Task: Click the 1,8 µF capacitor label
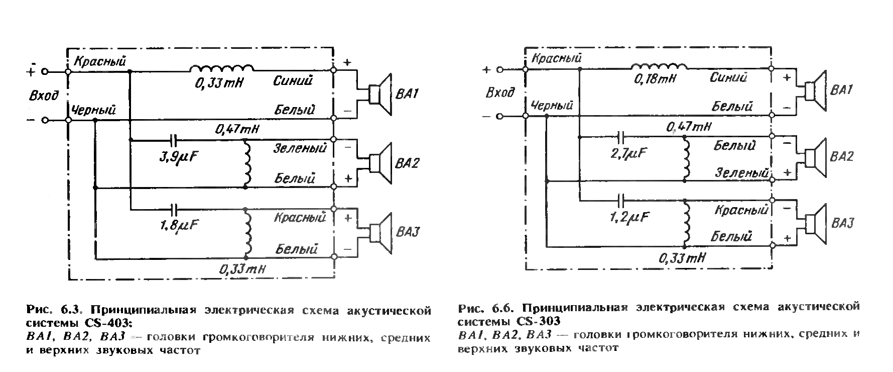coord(178,226)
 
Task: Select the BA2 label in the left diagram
coord(408,163)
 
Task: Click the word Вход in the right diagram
coord(500,92)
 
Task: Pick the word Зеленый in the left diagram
coord(300,148)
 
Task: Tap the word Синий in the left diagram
coord(293,80)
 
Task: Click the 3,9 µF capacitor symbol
coord(173,140)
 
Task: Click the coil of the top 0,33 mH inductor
coord(221,68)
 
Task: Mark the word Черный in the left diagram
coord(94,110)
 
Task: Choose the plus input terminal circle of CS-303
coord(499,69)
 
